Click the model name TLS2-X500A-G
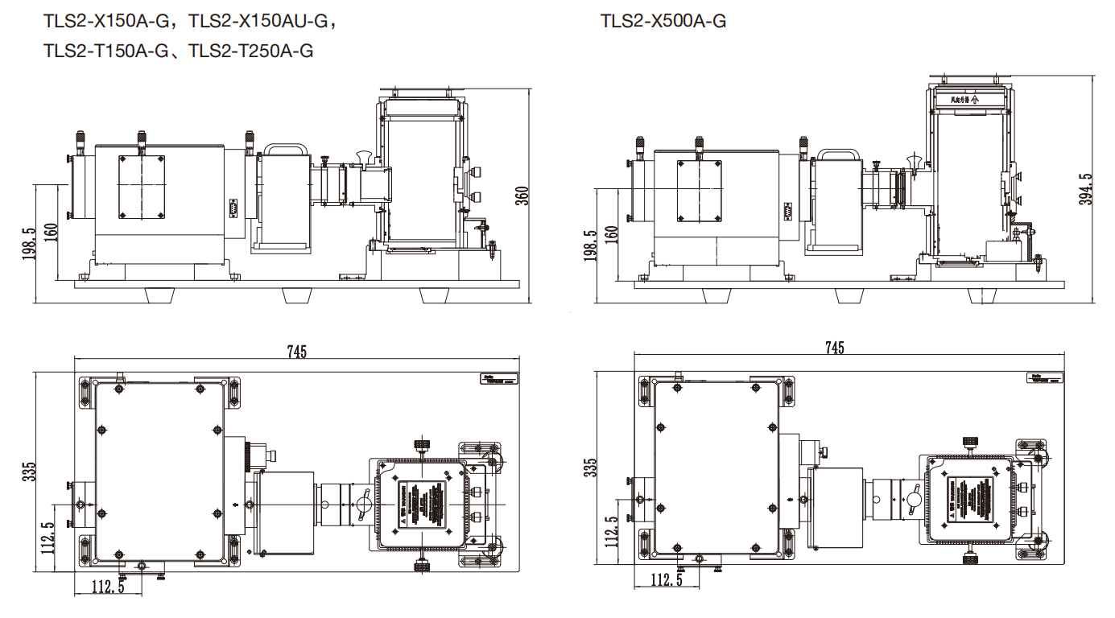tap(663, 22)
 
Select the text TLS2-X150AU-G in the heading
tap(262, 22)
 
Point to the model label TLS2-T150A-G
tap(106, 52)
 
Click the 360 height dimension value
tap(522, 196)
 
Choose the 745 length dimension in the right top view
tap(835, 348)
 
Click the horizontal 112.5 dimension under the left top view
tap(106, 587)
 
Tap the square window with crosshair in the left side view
tap(141, 186)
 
